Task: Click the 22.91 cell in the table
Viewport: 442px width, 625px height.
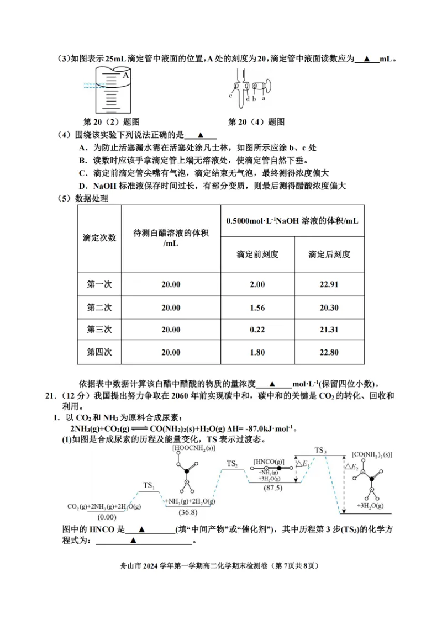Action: coord(329,284)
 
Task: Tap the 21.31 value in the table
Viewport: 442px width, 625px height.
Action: coord(329,330)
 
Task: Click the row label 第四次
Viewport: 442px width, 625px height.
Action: coord(99,352)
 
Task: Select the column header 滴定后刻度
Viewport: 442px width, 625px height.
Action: coord(329,255)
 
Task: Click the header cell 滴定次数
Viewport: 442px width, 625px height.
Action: coord(99,237)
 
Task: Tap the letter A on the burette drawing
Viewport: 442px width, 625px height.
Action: coord(126,75)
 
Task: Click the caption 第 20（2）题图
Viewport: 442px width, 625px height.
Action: coord(110,121)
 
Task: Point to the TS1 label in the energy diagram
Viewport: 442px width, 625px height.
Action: coord(149,485)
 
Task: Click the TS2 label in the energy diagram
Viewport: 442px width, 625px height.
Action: coord(232,464)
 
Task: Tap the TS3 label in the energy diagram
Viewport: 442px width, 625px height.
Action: coord(321,451)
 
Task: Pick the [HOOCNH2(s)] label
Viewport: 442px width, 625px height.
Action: coord(193,448)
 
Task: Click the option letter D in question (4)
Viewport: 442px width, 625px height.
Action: coord(81,186)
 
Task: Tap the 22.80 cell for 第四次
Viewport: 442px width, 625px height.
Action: coord(329,352)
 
